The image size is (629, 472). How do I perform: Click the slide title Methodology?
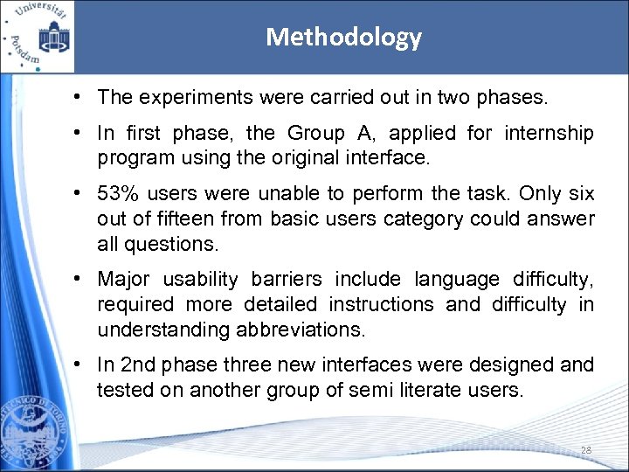pos(343,37)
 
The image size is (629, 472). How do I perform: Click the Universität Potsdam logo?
pos(38,36)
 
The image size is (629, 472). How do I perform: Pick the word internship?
pos(548,134)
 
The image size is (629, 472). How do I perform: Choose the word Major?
pos(123,280)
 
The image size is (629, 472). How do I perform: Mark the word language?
pos(457,280)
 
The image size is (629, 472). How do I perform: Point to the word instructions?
pos(380,305)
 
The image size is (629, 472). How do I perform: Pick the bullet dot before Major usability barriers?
pos(79,280)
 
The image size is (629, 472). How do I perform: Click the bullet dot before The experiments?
pos(79,98)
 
